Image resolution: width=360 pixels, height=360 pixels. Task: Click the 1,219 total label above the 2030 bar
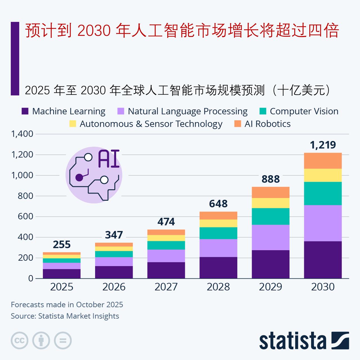(323, 145)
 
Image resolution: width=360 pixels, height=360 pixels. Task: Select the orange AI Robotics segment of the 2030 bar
(323, 161)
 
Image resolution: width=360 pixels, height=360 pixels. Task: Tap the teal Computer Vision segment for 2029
(271, 216)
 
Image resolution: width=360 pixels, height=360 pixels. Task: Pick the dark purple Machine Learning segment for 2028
(218, 267)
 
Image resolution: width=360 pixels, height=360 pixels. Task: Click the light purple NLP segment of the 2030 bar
(323, 223)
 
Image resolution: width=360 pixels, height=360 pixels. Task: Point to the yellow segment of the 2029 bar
(271, 203)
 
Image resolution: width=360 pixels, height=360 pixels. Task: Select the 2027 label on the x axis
(166, 287)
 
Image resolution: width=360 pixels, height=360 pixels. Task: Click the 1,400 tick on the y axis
(22, 134)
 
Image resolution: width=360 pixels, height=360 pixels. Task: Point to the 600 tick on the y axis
(26, 217)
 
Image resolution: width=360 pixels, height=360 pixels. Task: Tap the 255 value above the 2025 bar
(62, 244)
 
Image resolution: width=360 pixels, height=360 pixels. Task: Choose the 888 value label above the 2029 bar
(271, 179)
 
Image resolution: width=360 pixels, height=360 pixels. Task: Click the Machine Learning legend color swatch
(25, 111)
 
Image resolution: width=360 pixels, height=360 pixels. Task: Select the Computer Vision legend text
(304, 111)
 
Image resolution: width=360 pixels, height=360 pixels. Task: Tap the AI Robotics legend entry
(267, 124)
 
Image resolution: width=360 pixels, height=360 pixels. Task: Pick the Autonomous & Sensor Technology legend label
(151, 124)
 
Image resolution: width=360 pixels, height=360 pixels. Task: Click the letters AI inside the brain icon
(109, 159)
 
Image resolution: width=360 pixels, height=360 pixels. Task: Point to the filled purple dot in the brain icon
(79, 177)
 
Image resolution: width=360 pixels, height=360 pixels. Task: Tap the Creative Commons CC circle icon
(19, 341)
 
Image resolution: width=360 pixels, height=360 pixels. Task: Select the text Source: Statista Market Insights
(65, 316)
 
